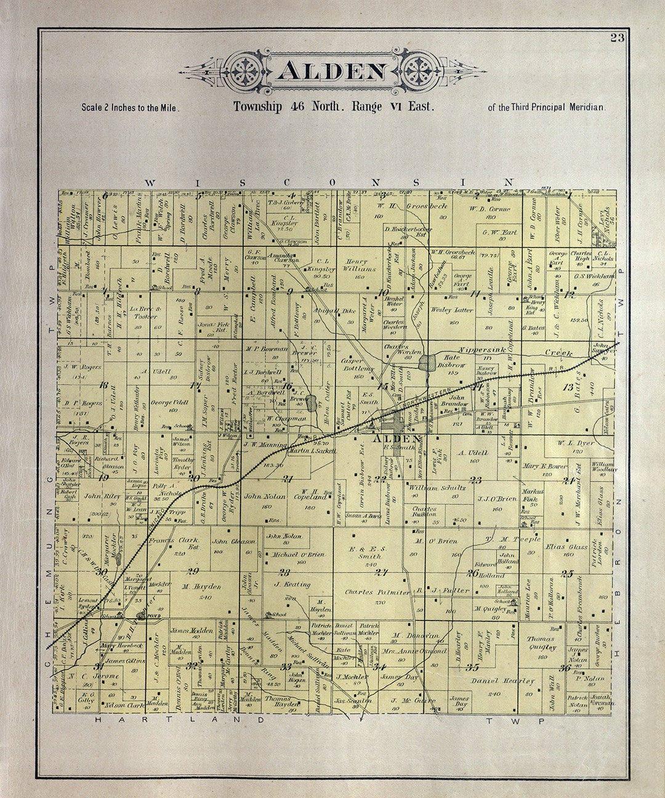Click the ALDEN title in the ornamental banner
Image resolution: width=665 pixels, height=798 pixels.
(x=332, y=72)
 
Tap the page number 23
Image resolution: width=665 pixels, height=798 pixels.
(x=617, y=38)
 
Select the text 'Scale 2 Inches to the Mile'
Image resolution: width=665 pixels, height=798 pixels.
(x=130, y=107)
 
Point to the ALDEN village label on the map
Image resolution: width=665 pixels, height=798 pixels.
(x=397, y=438)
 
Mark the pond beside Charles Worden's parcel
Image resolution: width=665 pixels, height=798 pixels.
(x=426, y=362)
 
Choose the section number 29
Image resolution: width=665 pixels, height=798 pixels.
(x=193, y=570)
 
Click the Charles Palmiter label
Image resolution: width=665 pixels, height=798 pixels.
(x=377, y=592)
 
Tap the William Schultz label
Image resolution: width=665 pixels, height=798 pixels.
(x=437, y=487)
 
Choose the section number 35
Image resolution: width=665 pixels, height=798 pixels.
(x=472, y=667)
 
